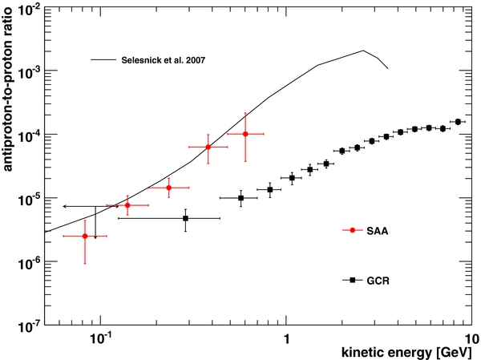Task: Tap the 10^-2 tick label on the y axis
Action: (26, 10)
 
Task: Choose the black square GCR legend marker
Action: (352, 280)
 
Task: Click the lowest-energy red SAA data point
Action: (85, 236)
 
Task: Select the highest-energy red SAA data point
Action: (245, 134)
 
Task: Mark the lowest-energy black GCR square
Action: (185, 218)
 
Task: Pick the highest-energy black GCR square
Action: (458, 122)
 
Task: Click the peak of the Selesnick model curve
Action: (363, 51)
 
